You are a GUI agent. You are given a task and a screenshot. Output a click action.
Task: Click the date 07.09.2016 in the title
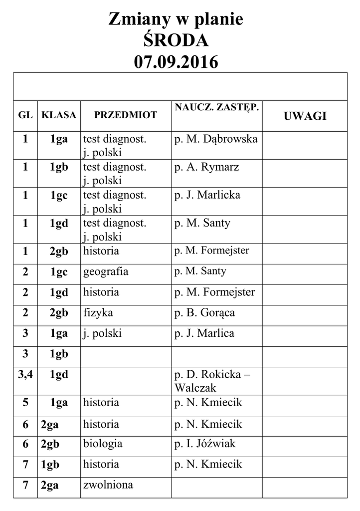[176, 62]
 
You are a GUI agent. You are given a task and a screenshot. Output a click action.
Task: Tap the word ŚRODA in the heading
[176, 40]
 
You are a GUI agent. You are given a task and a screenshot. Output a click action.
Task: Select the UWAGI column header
[305, 116]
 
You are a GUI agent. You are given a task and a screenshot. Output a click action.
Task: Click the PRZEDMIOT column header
[126, 115]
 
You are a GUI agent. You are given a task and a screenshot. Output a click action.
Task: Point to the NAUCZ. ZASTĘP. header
[217, 107]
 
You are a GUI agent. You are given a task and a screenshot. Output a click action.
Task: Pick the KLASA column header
[59, 115]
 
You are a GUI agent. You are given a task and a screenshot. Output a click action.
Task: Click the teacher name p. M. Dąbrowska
[216, 139]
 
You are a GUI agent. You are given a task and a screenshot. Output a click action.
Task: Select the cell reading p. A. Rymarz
[206, 167]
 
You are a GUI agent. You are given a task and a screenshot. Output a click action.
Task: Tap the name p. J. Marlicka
[207, 195]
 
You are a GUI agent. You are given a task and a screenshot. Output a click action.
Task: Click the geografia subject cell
[106, 271]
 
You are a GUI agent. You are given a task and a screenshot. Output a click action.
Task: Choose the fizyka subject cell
[98, 313]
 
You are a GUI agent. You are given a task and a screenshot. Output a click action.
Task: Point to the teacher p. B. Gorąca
[204, 313]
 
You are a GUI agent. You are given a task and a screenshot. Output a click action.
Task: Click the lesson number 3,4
[25, 374]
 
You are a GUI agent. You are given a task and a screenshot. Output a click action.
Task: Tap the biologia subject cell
[103, 444]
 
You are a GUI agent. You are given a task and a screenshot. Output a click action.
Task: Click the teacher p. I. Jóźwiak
[205, 444]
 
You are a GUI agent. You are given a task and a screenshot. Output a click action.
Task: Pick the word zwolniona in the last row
[108, 485]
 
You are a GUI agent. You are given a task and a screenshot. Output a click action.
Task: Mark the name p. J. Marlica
[204, 333]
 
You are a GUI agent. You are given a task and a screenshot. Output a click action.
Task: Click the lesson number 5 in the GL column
[25, 402]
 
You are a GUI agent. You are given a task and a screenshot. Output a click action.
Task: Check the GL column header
[25, 115]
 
